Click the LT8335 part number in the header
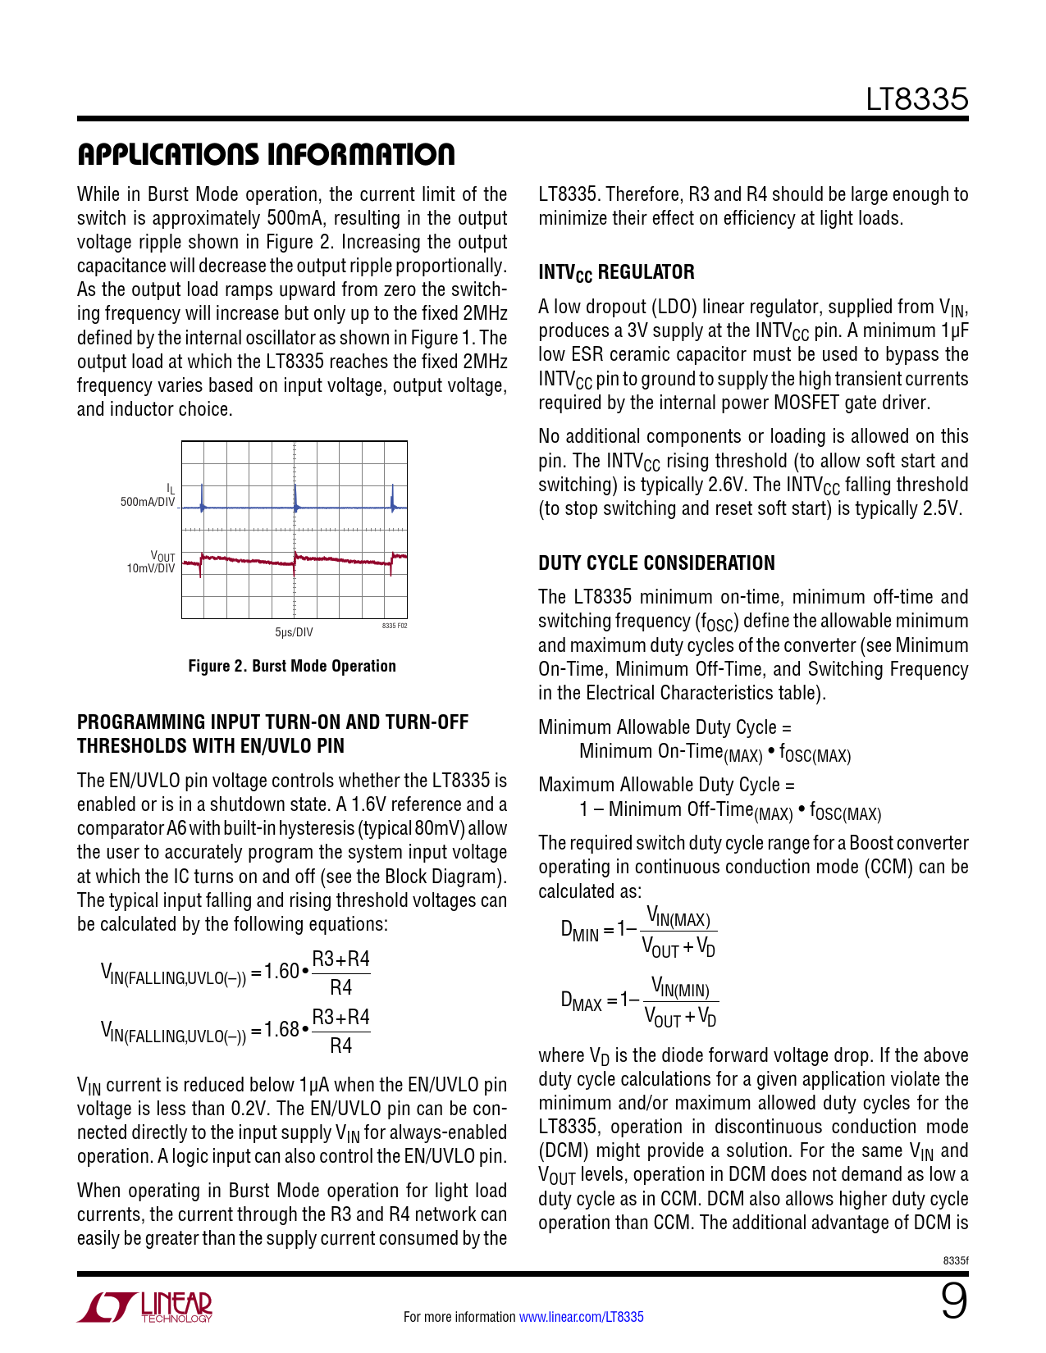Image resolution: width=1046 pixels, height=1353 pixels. pos(917,99)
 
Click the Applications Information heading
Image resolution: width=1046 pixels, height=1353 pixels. pos(266,154)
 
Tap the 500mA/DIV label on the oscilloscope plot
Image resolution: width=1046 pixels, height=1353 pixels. pos(148,502)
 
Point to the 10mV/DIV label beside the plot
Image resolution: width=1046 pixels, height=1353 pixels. pos(151,568)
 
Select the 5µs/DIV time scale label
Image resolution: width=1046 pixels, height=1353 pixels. pos(294,632)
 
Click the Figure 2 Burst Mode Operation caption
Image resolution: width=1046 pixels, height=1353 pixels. pos(292,666)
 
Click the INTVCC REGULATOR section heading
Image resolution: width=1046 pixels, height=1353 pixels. pos(616,272)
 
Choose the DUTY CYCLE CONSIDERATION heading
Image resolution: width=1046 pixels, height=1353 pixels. pos(656,563)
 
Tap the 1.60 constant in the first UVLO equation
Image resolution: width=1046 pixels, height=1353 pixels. pos(281,972)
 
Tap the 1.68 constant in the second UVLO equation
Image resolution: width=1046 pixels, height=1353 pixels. pos(281,1030)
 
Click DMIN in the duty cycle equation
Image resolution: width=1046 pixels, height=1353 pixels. pos(580,931)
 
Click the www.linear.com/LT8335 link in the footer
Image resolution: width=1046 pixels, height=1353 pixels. pos(582,1317)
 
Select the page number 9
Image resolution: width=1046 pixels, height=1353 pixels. pos(953,1302)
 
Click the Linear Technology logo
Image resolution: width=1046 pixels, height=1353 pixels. pos(145,1307)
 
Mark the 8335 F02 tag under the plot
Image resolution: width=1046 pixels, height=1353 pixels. pos(394,626)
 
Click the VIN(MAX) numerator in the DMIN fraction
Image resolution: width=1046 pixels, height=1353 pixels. pos(678,916)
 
